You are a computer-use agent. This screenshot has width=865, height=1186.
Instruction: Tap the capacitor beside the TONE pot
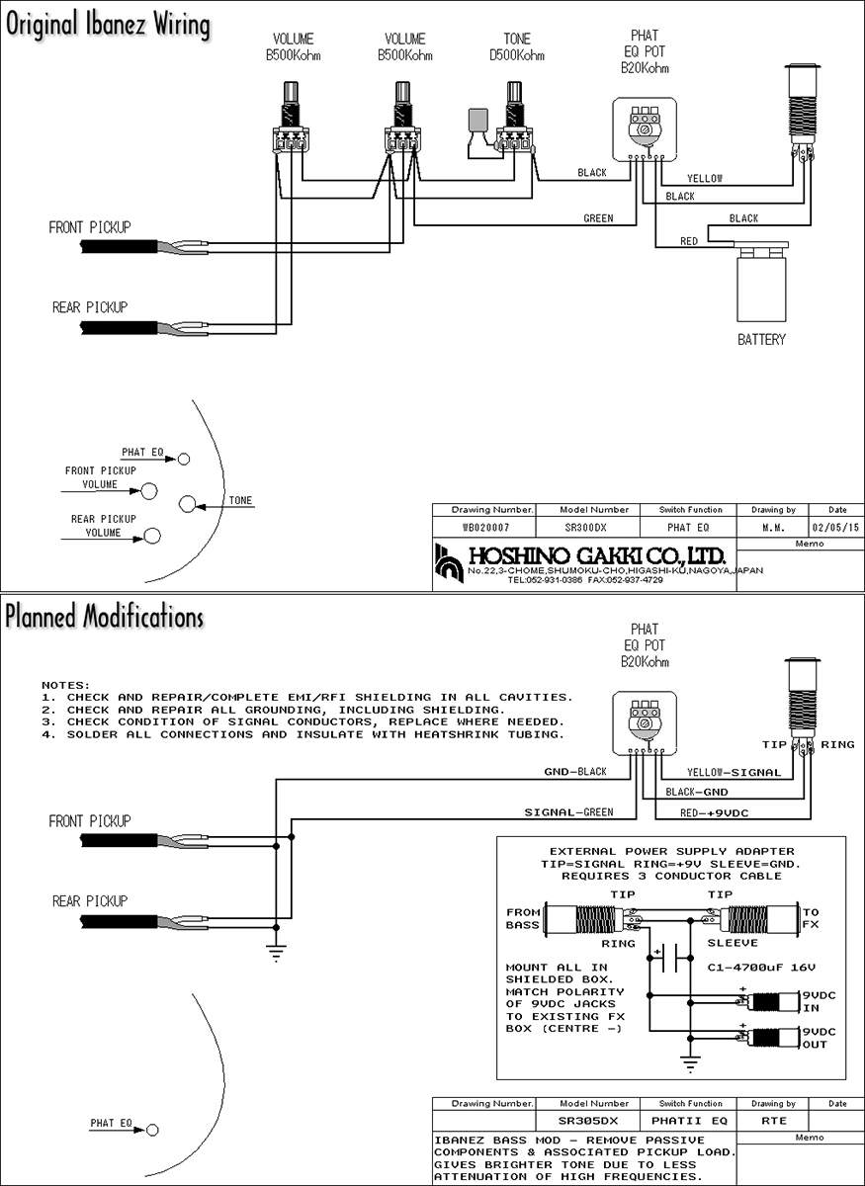coord(478,119)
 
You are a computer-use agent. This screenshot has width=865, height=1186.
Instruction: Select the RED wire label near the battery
coord(689,241)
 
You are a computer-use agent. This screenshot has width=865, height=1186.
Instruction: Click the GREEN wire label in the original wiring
coord(598,218)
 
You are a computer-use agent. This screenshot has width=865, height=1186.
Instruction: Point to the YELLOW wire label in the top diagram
coord(705,179)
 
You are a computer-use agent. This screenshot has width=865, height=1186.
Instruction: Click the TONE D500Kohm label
coord(516,46)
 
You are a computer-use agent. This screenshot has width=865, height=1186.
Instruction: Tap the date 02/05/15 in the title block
coord(835,528)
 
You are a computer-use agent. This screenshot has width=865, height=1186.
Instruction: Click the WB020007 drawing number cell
coord(485,528)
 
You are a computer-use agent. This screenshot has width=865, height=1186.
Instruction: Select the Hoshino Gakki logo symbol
coord(449,563)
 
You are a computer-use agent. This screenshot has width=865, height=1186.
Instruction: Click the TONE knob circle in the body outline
coord(187,504)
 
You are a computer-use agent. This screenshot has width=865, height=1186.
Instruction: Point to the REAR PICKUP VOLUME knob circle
coord(152,536)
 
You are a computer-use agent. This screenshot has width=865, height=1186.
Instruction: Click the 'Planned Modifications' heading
coord(105,617)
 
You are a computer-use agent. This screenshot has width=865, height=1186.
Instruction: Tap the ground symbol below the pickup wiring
coord(276,953)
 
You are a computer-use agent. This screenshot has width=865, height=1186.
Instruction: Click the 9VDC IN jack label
coord(819,1002)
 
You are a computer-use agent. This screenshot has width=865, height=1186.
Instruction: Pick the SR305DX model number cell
coord(587,1121)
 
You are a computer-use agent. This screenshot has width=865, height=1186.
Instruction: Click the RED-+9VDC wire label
coord(714,812)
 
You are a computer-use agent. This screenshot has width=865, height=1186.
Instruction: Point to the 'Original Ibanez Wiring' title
coord(108,25)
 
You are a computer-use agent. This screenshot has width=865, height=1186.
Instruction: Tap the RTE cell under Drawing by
coord(773,1121)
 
